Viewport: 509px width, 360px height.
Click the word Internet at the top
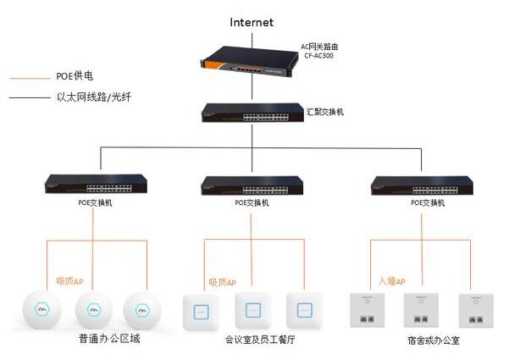coord(252,22)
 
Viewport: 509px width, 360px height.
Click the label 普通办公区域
coord(104,340)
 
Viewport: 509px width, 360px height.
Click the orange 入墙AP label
coord(392,280)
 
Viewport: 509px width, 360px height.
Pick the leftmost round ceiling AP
coord(36,311)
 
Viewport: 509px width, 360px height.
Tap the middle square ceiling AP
coord(252,310)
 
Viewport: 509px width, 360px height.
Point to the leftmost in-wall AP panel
coord(366,310)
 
